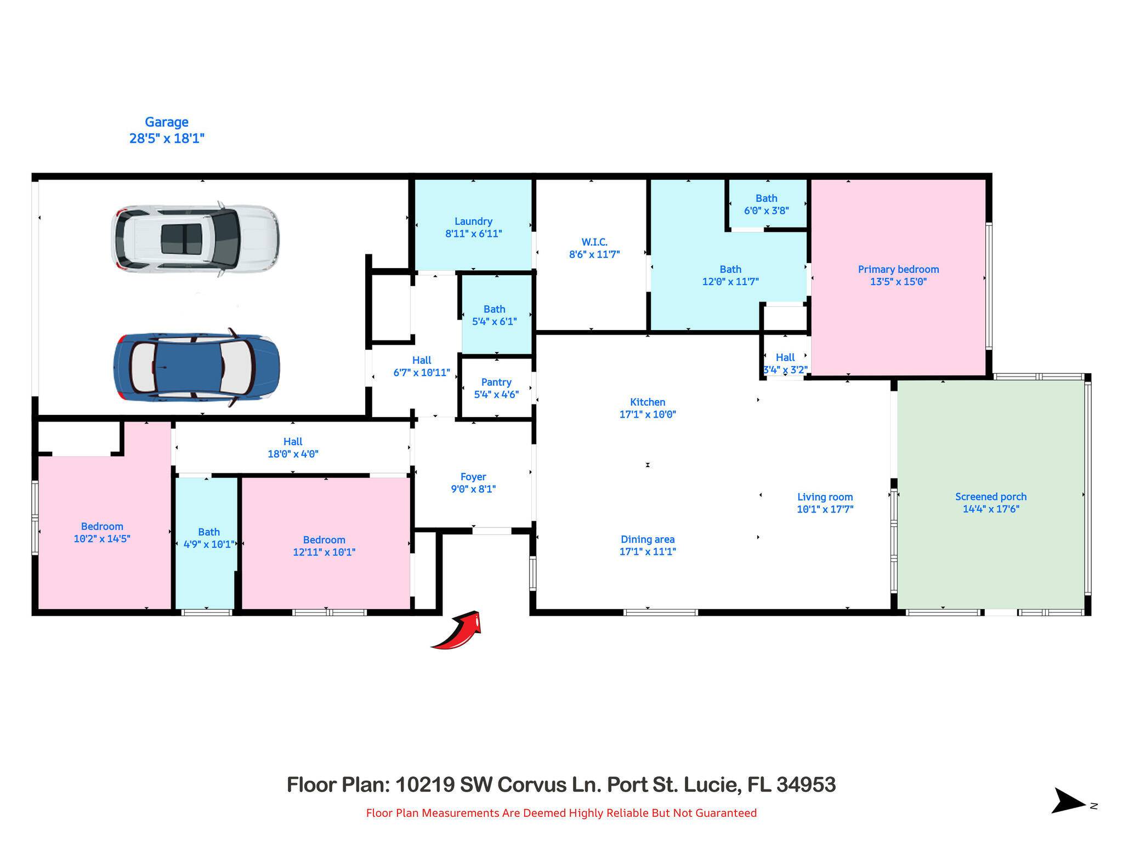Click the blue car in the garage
pos(196,367)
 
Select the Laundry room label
pos(473,221)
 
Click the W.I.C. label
pos(594,242)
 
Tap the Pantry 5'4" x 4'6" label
pos(496,388)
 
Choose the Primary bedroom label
pos(898,269)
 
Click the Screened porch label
pos(991,497)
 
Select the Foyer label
pos(473,477)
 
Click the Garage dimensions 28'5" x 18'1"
pos(167,138)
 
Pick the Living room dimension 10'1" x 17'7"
pos(825,509)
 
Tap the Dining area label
pos(648,539)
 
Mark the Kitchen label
pos(648,402)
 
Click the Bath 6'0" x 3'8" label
pos(767,204)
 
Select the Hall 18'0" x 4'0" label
pos(293,447)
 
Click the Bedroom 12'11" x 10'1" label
pos(324,546)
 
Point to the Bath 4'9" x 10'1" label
pos(209,538)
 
